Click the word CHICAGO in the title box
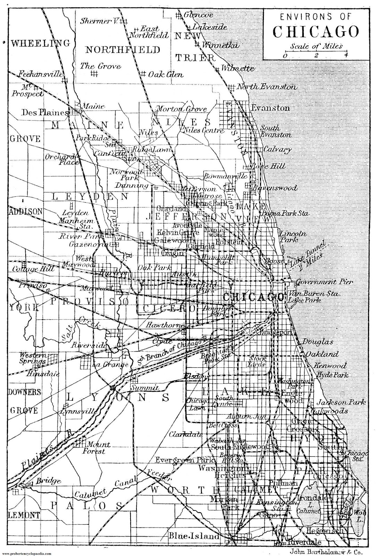coord(315,32)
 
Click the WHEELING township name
coord(40,43)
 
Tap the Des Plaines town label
coord(45,113)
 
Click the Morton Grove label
coord(181,109)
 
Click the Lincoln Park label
coord(293,237)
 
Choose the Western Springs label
coord(33,358)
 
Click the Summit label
coord(145,388)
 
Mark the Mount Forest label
coord(93,448)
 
